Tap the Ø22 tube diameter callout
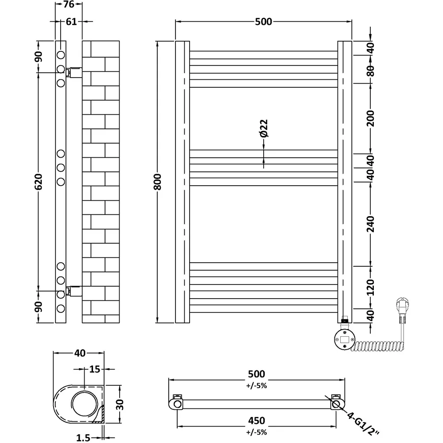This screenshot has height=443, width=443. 263,128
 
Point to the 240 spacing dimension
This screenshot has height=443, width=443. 371,224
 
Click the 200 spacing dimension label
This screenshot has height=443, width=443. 371,118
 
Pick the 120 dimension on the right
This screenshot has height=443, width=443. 371,288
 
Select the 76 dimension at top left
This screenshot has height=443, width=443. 68,5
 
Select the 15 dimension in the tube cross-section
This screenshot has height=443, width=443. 93,369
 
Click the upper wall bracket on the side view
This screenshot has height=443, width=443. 74,71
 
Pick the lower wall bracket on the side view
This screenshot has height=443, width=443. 74,291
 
